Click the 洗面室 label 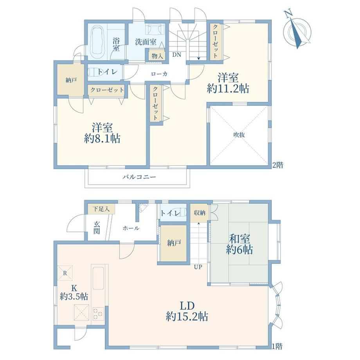[x=146, y=42]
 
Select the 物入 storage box [x=157, y=56]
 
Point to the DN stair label [x=176, y=55]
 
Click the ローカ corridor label [x=159, y=74]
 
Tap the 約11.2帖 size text [x=228, y=88]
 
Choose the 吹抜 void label [x=239, y=135]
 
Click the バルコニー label [x=139, y=177]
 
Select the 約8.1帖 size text [x=102, y=139]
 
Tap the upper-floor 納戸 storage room [x=70, y=79]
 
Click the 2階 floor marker [x=277, y=165]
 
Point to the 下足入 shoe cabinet [x=101, y=209]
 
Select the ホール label [x=131, y=228]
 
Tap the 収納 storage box [x=199, y=212]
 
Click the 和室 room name [x=239, y=239]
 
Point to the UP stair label [x=198, y=267]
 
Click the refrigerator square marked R [x=65, y=273]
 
